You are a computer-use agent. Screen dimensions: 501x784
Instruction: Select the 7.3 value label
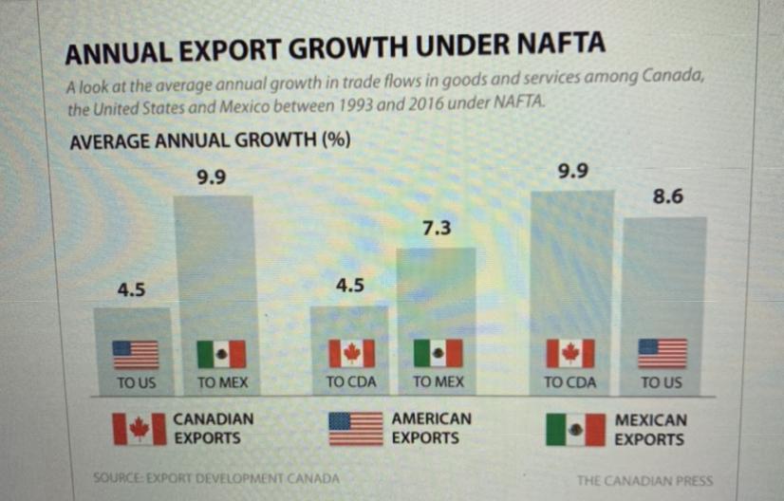[437, 229]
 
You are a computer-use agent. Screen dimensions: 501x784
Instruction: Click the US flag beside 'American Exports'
[354, 429]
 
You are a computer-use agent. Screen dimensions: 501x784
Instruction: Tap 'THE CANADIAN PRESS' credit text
[644, 480]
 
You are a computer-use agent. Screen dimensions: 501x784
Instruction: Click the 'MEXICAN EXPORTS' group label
[650, 429]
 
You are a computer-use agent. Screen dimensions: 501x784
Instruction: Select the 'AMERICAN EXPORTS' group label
[431, 429]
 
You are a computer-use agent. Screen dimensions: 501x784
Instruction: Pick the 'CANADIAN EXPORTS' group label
[214, 429]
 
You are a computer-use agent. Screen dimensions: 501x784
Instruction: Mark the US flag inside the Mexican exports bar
[662, 353]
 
